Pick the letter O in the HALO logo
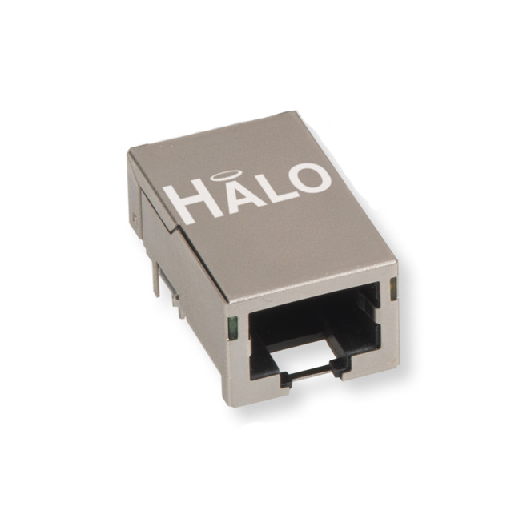pos(308,178)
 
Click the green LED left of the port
pos(233,328)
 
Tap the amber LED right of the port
pos(393,288)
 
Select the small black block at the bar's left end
pos(286,380)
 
